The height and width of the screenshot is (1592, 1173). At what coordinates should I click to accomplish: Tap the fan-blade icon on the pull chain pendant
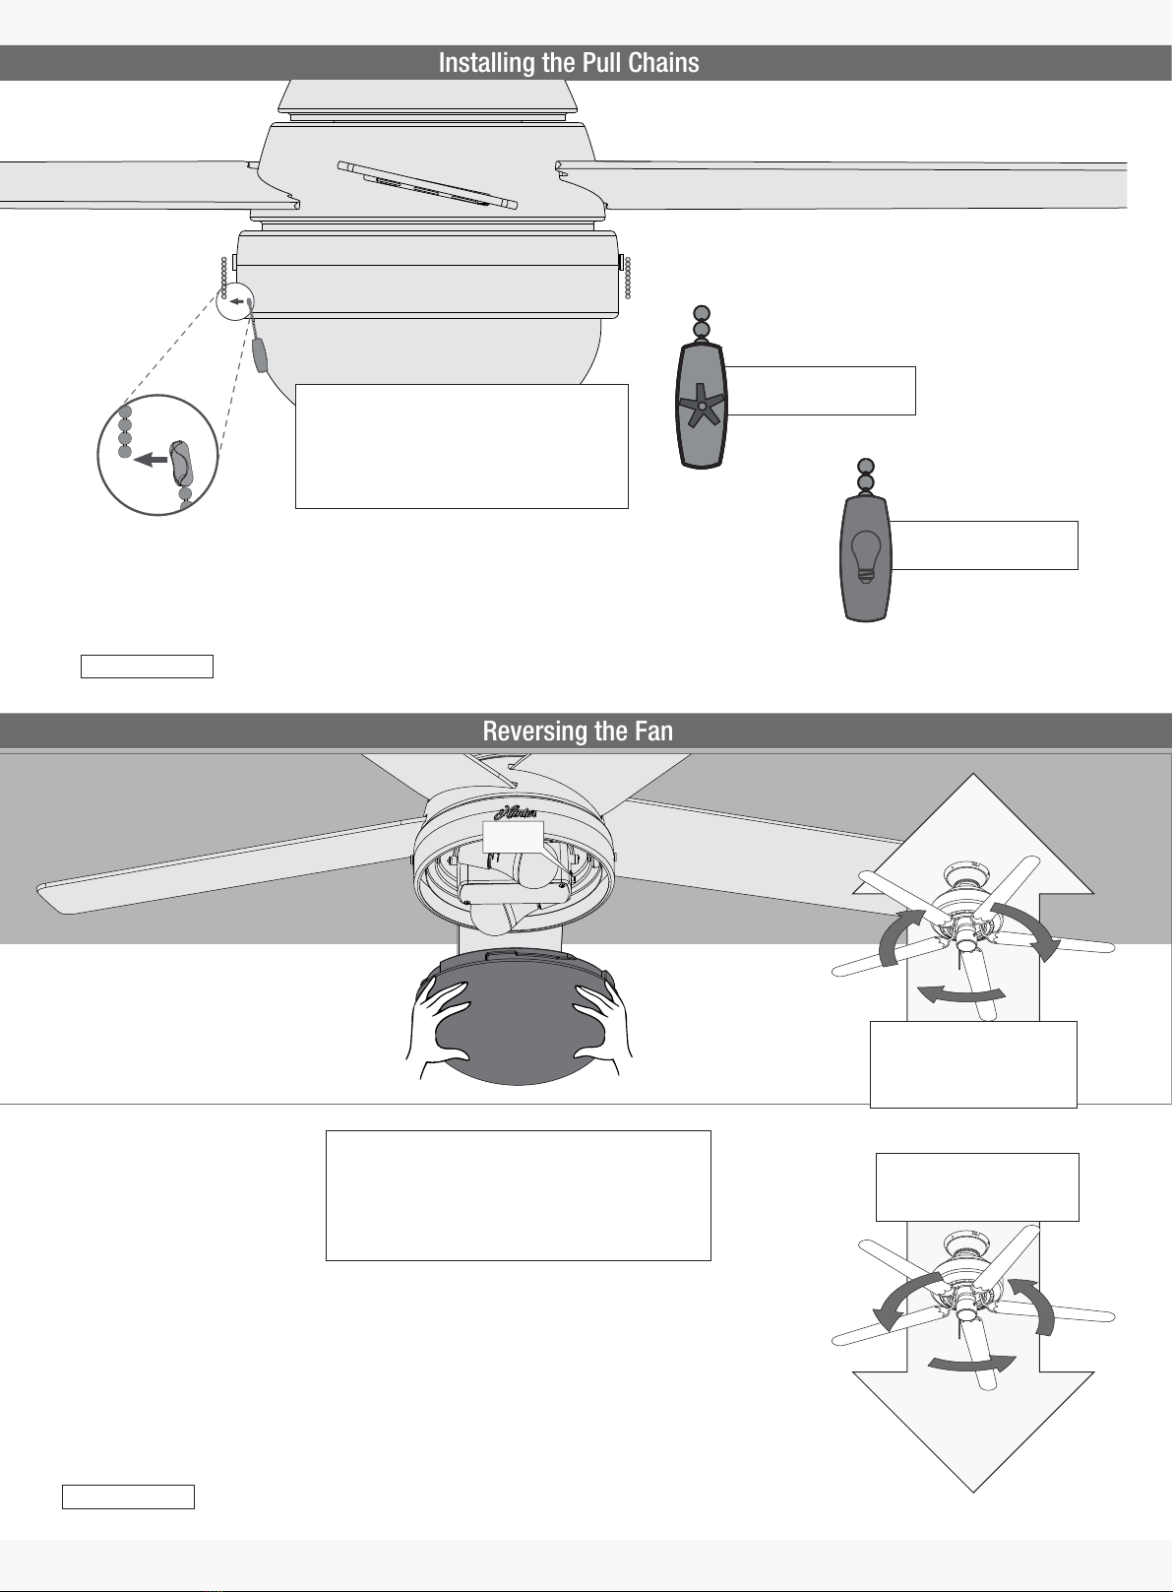point(702,405)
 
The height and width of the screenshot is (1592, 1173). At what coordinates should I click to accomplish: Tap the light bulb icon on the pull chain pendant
point(865,556)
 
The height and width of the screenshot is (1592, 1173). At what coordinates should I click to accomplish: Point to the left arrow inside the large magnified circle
point(150,460)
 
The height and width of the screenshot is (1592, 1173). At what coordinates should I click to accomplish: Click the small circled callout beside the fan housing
point(234,301)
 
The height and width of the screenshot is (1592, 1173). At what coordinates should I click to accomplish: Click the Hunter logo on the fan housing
point(515,813)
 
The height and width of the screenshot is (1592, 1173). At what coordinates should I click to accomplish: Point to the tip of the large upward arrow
point(972,774)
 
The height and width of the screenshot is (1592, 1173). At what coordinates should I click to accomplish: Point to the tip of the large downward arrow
point(972,1491)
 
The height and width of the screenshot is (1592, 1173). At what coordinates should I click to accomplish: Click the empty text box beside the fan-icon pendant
point(820,391)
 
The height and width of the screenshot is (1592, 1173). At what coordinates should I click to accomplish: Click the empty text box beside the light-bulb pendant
point(983,545)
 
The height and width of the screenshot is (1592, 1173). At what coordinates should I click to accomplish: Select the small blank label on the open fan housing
point(513,837)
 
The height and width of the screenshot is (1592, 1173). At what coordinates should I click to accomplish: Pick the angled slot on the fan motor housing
point(427,185)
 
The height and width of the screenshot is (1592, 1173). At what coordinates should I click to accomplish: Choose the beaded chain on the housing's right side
point(628,278)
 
